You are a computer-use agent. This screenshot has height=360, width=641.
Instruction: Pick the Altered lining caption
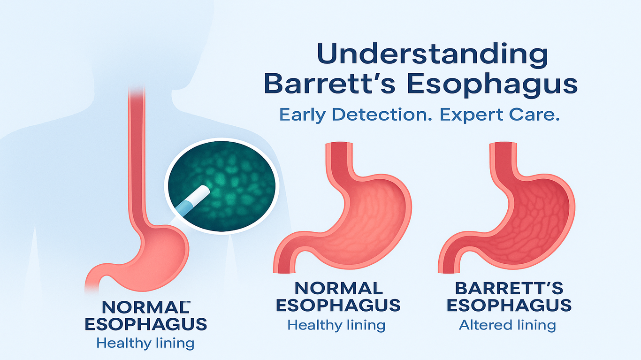pos(507,325)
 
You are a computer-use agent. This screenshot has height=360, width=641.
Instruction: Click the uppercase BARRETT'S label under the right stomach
pos(509,288)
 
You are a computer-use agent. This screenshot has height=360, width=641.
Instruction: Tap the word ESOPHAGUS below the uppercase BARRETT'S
pos(509,306)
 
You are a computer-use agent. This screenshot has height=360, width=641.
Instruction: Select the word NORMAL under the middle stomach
pos(337,288)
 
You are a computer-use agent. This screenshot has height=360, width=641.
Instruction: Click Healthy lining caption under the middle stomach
pos(336,325)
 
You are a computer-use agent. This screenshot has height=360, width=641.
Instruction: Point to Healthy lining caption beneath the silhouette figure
pos(145,343)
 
